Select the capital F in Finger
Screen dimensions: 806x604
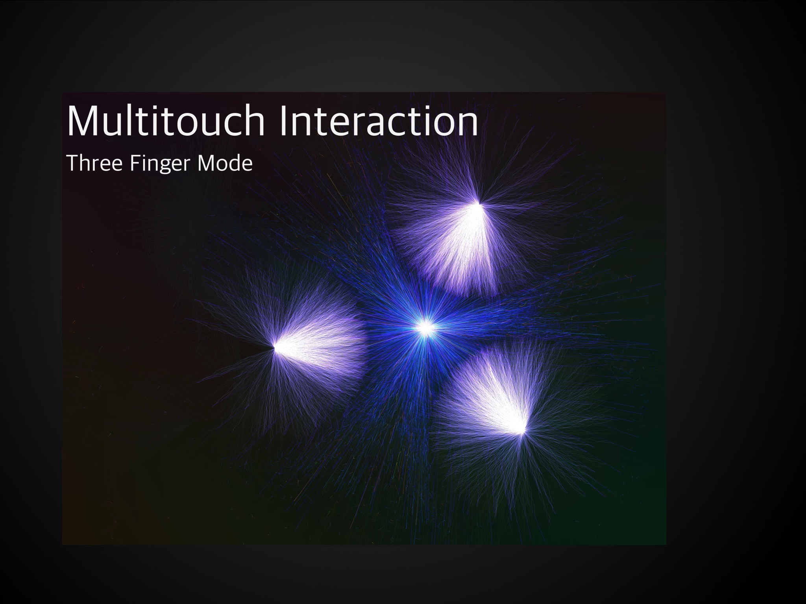(x=135, y=163)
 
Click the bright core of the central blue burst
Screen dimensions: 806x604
(x=426, y=327)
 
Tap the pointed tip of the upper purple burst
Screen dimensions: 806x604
(x=479, y=204)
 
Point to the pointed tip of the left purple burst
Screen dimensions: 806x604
(x=275, y=347)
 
